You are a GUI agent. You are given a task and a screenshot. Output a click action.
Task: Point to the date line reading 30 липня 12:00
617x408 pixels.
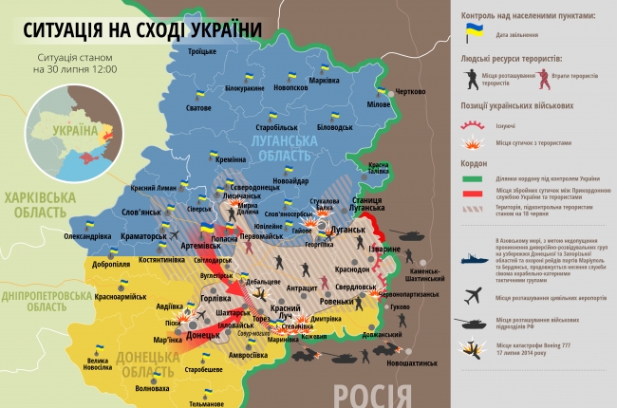(x=75, y=69)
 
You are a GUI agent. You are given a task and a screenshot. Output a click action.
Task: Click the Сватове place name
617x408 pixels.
(x=198, y=108)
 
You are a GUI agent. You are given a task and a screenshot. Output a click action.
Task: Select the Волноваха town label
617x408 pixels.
(x=153, y=388)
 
